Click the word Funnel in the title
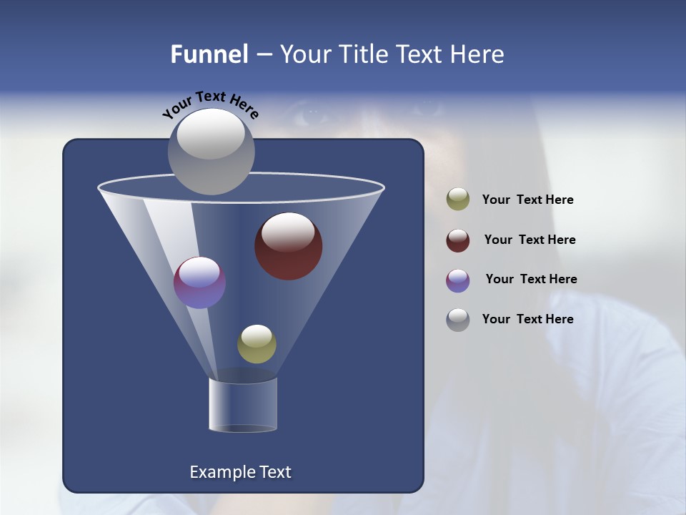coord(209,54)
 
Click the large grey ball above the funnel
coord(211,152)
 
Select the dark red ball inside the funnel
coord(289,247)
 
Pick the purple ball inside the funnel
coord(200,283)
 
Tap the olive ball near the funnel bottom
coord(257,344)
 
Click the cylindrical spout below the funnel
coord(243,405)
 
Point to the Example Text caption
coord(240,472)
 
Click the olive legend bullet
coord(458,200)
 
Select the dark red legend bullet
coord(458,240)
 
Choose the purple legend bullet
coord(458,280)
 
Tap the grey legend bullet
coord(458,320)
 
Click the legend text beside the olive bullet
coord(527,200)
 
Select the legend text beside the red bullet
coord(530,240)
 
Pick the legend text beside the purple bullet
coord(531,280)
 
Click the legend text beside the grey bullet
coord(527,319)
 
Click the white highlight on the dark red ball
coord(288,230)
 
